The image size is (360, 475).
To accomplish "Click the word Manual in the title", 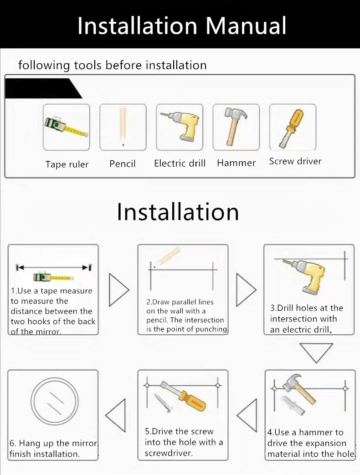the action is (x=246, y=26).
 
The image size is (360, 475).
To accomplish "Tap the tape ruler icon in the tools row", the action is (x=67, y=126).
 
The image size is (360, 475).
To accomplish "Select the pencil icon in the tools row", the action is (x=123, y=127).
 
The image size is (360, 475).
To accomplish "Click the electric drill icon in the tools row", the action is (x=180, y=126).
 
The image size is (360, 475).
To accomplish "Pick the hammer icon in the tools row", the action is (x=235, y=127).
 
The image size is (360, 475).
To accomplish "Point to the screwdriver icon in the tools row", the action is (x=291, y=128).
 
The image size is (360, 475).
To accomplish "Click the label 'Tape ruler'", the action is (x=67, y=164).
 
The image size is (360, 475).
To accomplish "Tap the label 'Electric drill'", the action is (x=180, y=163).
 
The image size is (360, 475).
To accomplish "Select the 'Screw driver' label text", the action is (x=295, y=161).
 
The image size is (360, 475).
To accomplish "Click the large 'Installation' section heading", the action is (x=178, y=212).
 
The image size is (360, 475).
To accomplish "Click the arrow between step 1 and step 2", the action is (x=119, y=290).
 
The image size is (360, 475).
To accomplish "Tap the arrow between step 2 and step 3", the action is (x=246, y=290).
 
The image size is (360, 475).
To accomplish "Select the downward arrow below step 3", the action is (x=316, y=352).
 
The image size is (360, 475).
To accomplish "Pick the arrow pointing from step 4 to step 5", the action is (x=247, y=415).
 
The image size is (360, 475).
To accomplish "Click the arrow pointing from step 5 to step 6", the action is (x=115, y=415).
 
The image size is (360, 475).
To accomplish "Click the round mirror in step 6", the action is (x=55, y=402).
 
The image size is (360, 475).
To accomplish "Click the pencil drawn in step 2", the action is (x=168, y=257).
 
